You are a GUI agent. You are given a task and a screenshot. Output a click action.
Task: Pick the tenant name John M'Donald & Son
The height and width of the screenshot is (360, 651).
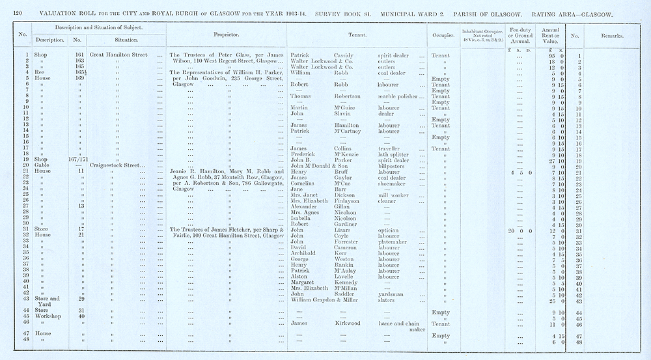pyautogui.click(x=323, y=166)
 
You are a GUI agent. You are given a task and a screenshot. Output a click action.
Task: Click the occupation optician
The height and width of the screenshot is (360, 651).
pyautogui.click(x=389, y=230)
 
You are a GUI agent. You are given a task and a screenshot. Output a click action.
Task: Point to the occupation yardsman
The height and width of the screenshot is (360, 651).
pyautogui.click(x=393, y=294)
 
